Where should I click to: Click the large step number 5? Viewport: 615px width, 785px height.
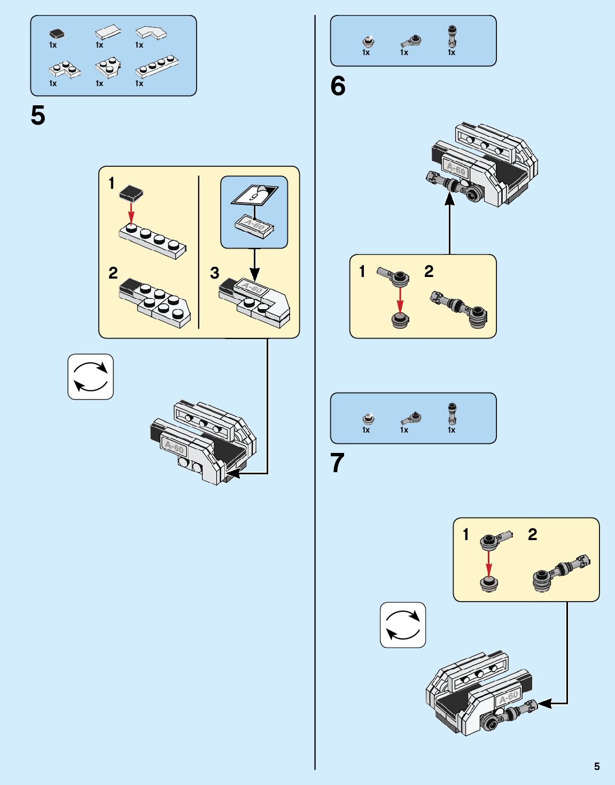pos(38,116)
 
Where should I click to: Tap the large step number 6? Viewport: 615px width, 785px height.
pos(338,86)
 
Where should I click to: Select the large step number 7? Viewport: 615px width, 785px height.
pos(338,463)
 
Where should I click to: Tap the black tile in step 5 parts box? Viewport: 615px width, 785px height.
pos(57,34)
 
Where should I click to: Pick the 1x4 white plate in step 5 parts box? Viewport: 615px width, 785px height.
pos(157,66)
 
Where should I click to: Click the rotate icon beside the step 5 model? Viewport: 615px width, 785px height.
pos(91,377)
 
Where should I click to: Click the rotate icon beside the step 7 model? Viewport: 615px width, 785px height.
pos(403,625)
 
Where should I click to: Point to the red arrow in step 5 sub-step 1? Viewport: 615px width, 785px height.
pos(131,213)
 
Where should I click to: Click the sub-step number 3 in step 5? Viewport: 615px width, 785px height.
pos(215,273)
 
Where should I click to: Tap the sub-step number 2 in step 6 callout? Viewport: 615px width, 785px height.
pos(429,271)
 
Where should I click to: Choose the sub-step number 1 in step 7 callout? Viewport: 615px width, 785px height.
pos(466,534)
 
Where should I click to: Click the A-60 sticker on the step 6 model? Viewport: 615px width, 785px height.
pos(456,168)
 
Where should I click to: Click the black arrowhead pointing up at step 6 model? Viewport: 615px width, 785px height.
pos(449,199)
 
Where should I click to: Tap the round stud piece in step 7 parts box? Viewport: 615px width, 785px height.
pos(368,419)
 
